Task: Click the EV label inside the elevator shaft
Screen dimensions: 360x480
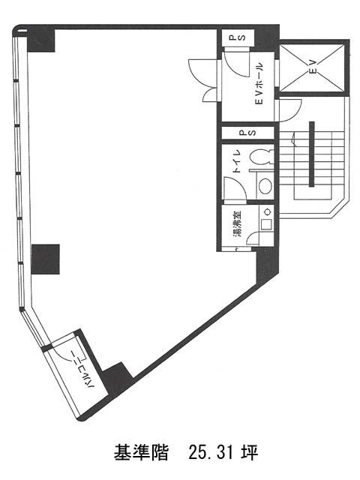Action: [313, 67]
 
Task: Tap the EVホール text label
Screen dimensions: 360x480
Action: [259, 83]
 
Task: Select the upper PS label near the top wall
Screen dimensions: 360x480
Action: [241, 37]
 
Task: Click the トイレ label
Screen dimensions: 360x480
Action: [237, 162]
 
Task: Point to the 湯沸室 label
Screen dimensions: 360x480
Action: [238, 223]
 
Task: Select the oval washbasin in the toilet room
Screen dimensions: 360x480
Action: [265, 186]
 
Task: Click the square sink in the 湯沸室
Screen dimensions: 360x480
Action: [265, 225]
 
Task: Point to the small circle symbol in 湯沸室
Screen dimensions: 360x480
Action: [267, 211]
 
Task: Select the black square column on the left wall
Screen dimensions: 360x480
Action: [46, 259]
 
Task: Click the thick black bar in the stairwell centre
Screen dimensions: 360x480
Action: [312, 154]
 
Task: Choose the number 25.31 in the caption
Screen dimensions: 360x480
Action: [211, 453]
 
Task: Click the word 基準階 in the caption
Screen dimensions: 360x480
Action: [142, 453]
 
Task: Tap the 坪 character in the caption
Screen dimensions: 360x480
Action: [250, 453]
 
